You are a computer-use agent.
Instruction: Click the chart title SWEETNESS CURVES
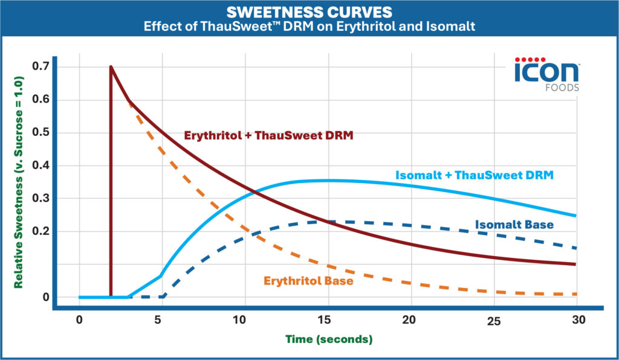(309, 12)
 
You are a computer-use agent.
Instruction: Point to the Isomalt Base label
(514, 225)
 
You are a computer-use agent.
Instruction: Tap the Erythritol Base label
(308, 280)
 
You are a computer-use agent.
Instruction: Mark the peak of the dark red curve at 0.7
(111, 66)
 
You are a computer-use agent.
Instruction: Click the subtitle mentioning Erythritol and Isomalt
(309, 27)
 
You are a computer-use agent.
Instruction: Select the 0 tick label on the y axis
(45, 297)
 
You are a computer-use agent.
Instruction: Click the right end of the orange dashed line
(576, 294)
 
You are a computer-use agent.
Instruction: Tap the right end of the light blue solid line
(575, 216)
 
